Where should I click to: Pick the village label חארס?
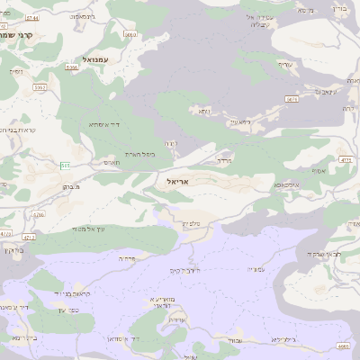[x=112, y=162]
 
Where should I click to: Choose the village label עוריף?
[x=261, y=64]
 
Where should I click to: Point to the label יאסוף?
[x=319, y=170]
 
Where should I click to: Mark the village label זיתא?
[x=204, y=111]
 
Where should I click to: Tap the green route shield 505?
[x=66, y=166]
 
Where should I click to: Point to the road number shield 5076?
[x=292, y=99]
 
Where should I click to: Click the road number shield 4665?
[x=343, y=346]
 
